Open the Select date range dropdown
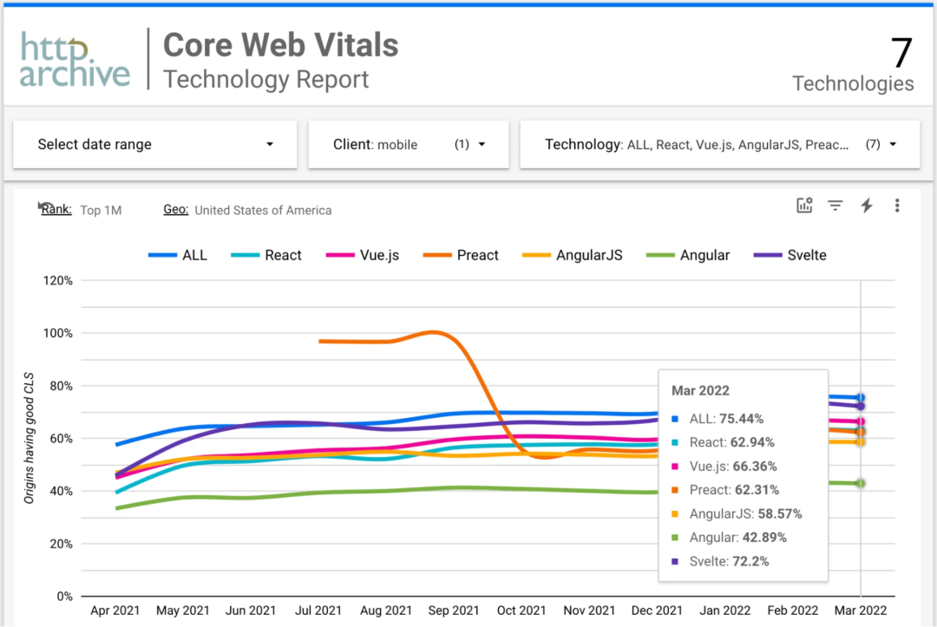155,145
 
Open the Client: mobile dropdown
409,145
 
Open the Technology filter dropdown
719,145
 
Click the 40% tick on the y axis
57,491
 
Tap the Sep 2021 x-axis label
454,611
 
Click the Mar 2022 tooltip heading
700,390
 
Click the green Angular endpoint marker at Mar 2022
861,483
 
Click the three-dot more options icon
897,206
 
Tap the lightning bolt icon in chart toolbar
866,206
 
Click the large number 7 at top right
901,53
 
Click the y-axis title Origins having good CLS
29,437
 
